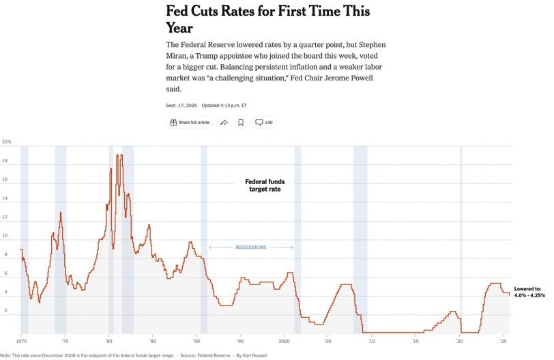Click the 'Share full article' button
coord(190,123)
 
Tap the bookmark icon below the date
coord(241,123)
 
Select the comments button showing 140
coord(264,123)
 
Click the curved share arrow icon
coord(224,123)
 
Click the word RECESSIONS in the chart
coord(250,247)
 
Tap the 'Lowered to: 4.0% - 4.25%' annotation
coord(529,292)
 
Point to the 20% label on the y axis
coord(7,142)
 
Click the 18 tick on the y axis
coord(5,161)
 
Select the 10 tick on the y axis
coord(5,236)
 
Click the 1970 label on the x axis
coord(21,340)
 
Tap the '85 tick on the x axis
coord(152,340)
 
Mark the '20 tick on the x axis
coord(459,340)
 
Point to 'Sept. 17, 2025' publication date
coord(181,105)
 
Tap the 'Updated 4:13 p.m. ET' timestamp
coord(224,105)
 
